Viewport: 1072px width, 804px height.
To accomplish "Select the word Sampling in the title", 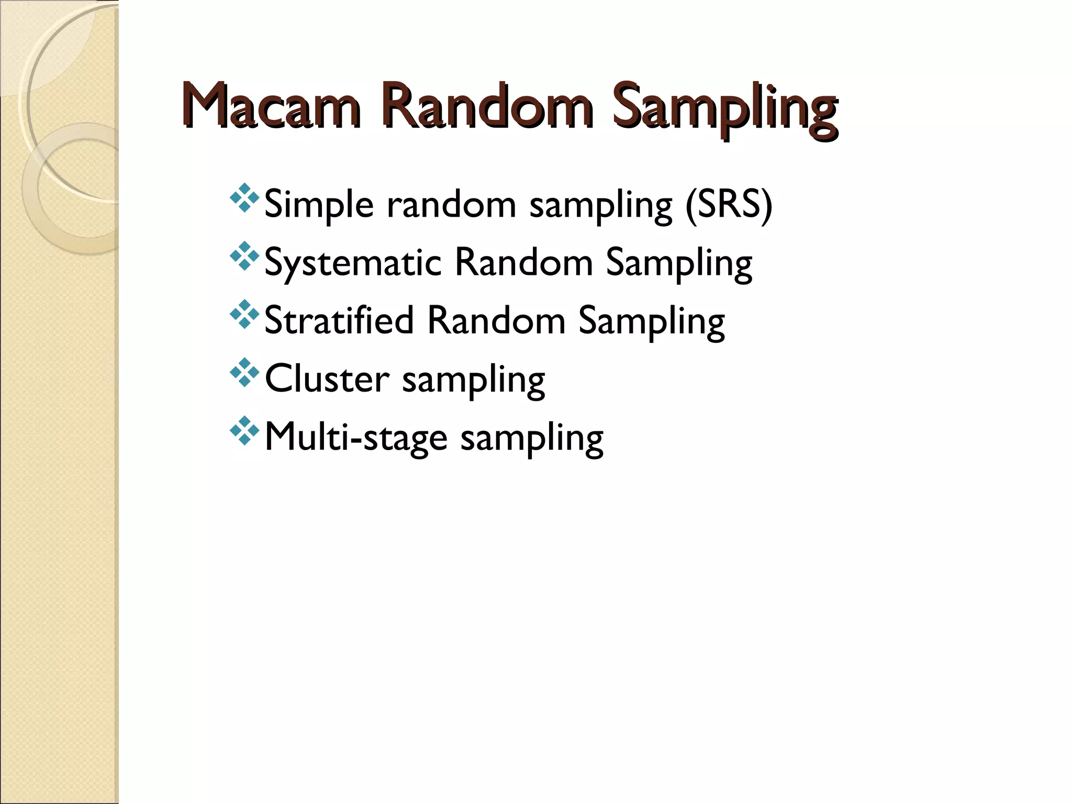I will click(724, 109).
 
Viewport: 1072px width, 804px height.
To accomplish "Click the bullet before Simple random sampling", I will click(244, 198).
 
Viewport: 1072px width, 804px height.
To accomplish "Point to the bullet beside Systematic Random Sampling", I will click(244, 256).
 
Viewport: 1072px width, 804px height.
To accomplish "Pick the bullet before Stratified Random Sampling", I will click(244, 314).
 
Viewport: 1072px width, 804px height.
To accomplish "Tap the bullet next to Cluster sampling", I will click(244, 372).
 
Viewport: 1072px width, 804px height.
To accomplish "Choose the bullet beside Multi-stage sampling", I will click(244, 430).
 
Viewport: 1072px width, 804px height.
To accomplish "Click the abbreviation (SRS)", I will click(729, 204).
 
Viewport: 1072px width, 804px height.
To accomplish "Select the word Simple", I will click(319, 205).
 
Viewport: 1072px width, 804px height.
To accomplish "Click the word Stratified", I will click(339, 320).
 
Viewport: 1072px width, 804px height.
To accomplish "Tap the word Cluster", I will click(327, 378).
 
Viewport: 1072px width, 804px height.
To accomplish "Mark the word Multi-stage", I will click(356, 438).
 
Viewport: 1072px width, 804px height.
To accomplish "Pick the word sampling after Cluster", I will click(473, 381).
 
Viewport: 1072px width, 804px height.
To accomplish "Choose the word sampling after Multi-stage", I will click(532, 439).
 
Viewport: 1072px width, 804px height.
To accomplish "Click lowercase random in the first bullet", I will click(451, 204).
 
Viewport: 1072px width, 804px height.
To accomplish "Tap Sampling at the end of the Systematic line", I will click(679, 264).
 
